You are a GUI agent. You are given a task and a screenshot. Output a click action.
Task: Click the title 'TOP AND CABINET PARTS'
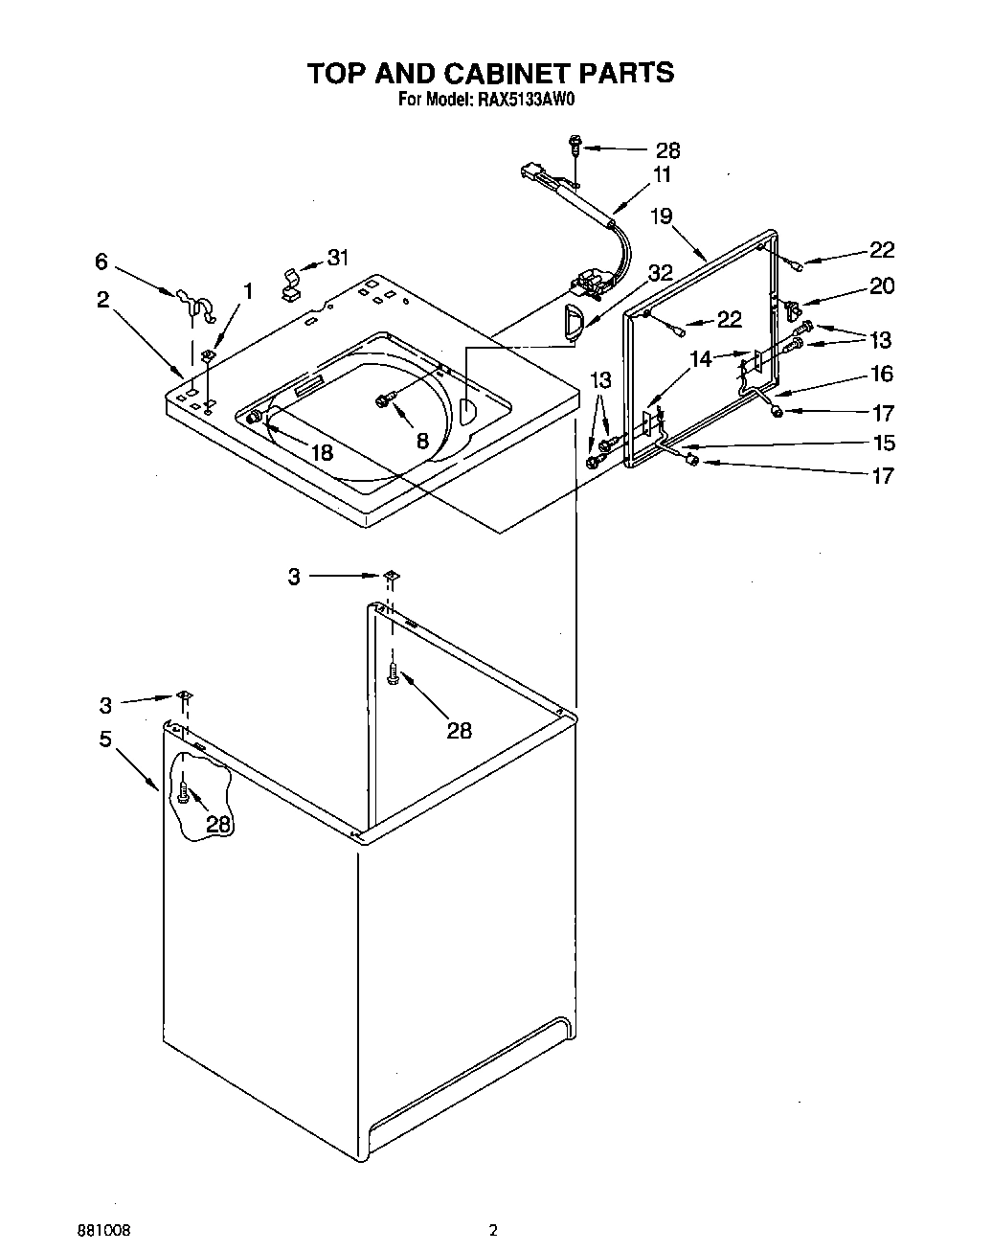tap(489, 73)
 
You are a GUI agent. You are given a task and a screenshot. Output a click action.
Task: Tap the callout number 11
tap(662, 175)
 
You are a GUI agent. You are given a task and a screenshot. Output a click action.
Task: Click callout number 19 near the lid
tap(662, 216)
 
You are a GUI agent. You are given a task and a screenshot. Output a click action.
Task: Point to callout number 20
tap(880, 285)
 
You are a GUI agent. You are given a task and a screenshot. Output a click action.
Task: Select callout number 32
tap(660, 273)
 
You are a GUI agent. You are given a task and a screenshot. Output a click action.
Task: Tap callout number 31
tap(337, 258)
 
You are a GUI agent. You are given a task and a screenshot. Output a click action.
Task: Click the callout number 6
tap(101, 261)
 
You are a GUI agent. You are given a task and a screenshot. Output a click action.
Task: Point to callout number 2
tap(102, 299)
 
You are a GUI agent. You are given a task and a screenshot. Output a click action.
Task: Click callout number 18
tap(322, 453)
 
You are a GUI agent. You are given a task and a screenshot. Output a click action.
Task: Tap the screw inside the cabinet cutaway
tap(184, 791)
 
